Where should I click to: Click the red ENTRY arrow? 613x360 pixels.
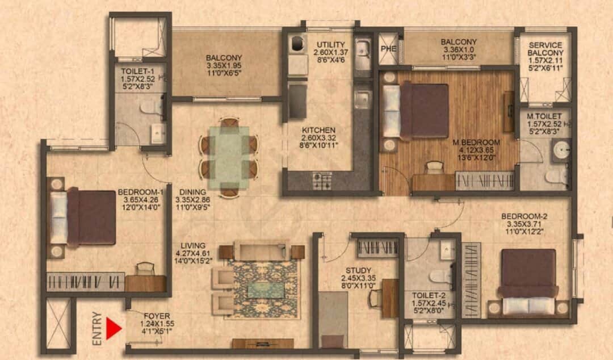click(x=114, y=329)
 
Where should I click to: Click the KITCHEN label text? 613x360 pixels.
click(x=318, y=129)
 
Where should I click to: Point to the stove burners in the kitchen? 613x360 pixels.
click(x=322, y=181)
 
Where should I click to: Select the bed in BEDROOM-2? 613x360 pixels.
click(x=528, y=281)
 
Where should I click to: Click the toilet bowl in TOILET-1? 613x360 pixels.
click(x=151, y=107)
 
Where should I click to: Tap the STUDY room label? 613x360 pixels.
click(x=358, y=270)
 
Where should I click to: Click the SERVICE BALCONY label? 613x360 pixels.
click(x=545, y=49)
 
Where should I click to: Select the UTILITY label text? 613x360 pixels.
click(x=331, y=44)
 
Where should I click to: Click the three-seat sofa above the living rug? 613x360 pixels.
click(x=262, y=250)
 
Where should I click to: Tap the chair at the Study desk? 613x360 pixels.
click(x=375, y=298)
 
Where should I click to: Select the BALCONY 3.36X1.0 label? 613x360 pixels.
click(x=459, y=49)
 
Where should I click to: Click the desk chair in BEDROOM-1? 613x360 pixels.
click(x=145, y=269)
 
